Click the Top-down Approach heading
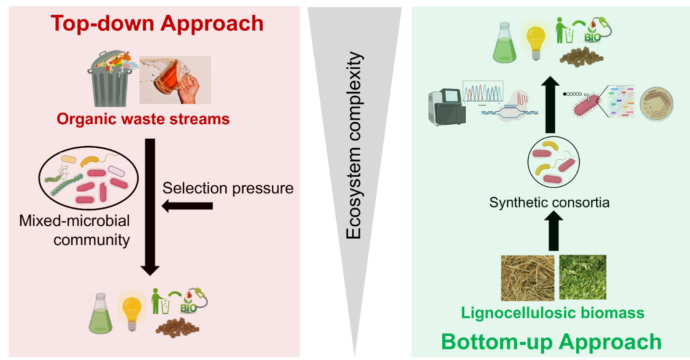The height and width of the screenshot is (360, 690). click(x=157, y=24)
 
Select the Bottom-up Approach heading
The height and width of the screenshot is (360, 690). click(x=551, y=342)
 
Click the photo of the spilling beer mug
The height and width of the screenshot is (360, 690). click(x=175, y=80)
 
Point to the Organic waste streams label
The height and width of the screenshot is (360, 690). click(x=143, y=119)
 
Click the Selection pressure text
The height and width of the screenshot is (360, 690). click(x=228, y=188)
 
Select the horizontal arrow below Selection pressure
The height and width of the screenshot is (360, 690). click(x=188, y=206)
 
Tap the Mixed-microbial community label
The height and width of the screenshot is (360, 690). click(x=75, y=230)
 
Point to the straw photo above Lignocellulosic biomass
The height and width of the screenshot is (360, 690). click(x=527, y=277)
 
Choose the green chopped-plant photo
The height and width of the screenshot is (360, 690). click(x=583, y=277)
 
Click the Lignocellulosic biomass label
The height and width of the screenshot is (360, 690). click(x=552, y=313)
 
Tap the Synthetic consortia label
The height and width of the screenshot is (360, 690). click(x=549, y=202)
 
